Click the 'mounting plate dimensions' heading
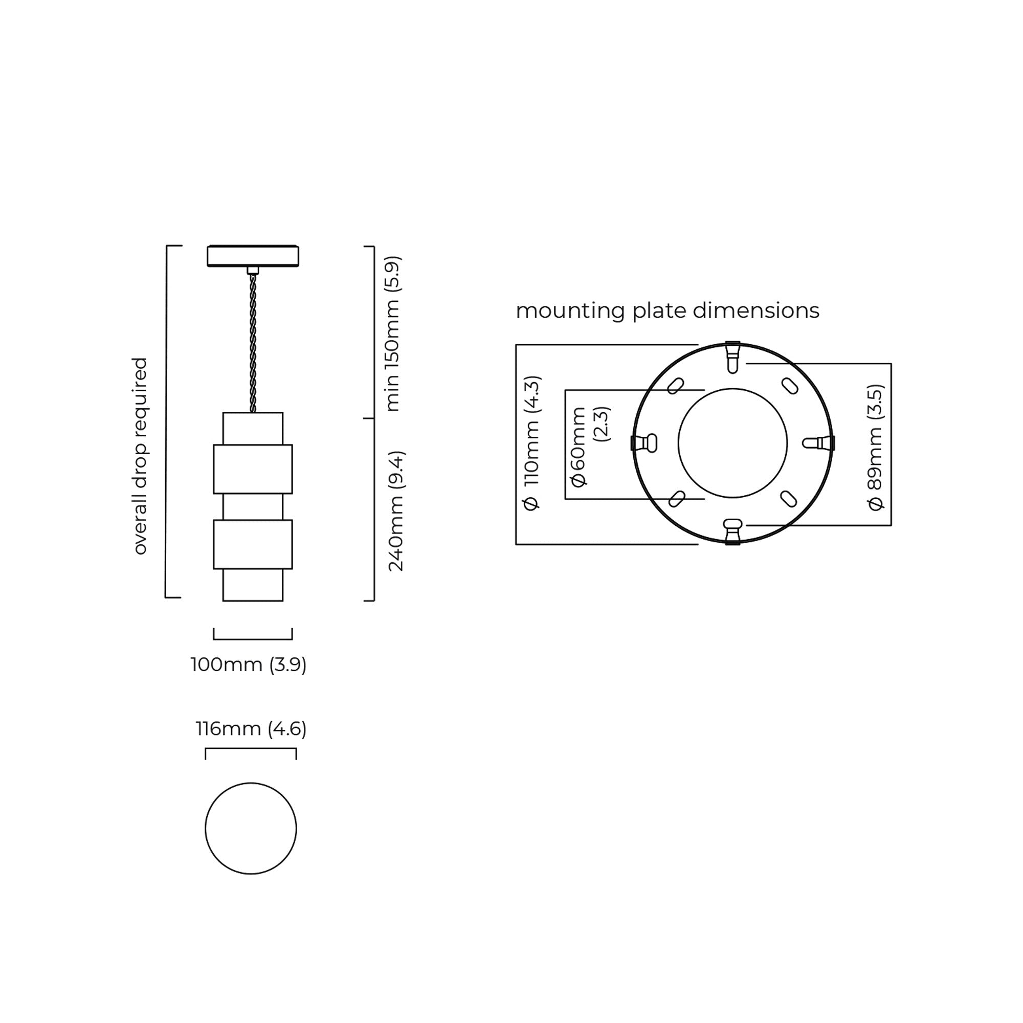click(x=667, y=311)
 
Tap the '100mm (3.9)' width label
click(x=249, y=664)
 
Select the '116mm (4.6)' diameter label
click(x=251, y=729)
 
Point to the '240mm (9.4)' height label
click(x=395, y=511)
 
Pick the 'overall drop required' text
click(x=139, y=456)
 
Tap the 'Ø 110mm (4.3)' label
click(x=531, y=443)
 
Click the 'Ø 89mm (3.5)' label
click(x=876, y=448)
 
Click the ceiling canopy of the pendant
click(x=253, y=256)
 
